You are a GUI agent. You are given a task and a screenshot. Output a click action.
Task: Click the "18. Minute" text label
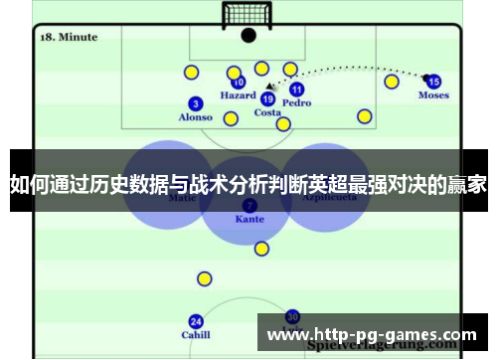coord(69,37)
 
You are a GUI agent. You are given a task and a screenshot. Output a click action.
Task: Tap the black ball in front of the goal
coord(248,35)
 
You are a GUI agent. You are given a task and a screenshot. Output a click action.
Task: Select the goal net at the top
coord(248,15)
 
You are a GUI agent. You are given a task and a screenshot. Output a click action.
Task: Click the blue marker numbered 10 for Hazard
coord(239,83)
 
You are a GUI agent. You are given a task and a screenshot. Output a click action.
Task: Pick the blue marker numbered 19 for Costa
coord(267,98)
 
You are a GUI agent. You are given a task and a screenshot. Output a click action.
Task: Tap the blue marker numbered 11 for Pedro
coord(296,90)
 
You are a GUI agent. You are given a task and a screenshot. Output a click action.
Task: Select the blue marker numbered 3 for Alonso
coord(195,103)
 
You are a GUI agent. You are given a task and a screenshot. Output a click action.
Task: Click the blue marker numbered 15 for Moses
coord(433,82)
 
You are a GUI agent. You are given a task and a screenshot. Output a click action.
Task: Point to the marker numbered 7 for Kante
coord(248,204)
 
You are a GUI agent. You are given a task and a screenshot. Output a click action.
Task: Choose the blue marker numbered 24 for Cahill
coord(196,321)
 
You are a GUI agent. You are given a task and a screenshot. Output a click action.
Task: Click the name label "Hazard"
coord(238,96)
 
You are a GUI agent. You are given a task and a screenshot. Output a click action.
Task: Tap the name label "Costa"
coord(267,112)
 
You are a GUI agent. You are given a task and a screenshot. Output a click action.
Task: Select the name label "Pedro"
coord(296,102)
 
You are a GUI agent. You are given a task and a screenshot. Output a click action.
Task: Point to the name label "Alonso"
coord(195,117)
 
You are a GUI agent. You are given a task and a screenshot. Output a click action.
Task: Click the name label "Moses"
coord(433,95)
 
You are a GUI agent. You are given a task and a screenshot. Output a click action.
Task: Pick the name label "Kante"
coord(248,218)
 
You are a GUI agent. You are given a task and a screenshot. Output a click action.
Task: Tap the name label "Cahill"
coord(196,335)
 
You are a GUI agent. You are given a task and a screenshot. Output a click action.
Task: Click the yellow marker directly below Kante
coord(261,249)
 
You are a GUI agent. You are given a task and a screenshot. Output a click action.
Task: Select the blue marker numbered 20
coord(292,316)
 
